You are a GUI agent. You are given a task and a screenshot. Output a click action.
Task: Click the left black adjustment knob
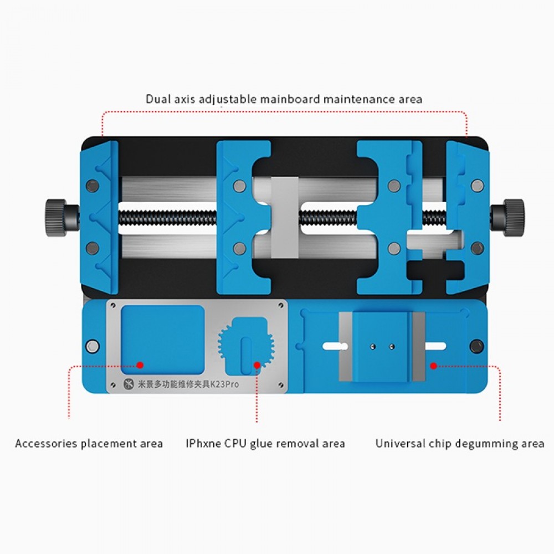coord(56,218)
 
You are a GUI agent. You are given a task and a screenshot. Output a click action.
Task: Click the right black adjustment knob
coord(514,218)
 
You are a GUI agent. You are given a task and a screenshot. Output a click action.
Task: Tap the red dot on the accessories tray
coord(140,365)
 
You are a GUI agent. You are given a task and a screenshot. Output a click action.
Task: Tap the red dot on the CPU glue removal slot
coord(257,365)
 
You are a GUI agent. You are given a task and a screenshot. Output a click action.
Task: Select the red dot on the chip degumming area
coord(434,366)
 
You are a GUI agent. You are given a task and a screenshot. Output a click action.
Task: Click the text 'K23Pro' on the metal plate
coord(224,384)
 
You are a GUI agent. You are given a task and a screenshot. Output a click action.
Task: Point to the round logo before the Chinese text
coord(129,384)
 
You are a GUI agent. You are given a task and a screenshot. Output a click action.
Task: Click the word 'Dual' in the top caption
coord(158,99)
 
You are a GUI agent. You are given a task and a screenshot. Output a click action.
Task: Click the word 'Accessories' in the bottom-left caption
coord(47,443)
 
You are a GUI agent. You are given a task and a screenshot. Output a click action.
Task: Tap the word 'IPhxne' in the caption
coord(203,443)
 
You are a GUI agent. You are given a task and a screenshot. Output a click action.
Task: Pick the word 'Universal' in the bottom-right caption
coord(401,443)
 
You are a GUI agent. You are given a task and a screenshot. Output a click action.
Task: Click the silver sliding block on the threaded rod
coord(285,217)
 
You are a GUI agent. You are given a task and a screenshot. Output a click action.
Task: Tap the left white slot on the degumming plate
coord(334,346)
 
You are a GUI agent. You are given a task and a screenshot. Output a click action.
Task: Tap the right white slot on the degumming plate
coord(435,346)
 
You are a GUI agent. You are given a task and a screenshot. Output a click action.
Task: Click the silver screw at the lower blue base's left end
coord(93,346)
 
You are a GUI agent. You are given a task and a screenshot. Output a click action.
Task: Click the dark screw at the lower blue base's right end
coord(477,346)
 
